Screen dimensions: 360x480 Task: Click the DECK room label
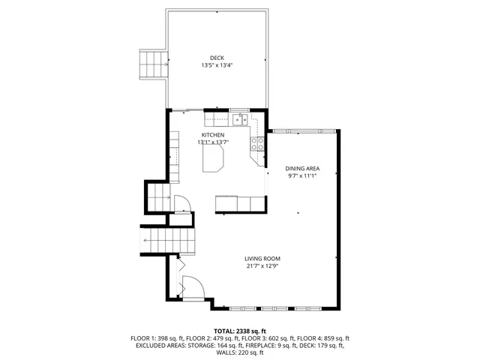[217, 58]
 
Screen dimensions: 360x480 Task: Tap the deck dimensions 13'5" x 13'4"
[217, 65]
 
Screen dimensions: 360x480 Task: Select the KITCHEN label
[213, 135]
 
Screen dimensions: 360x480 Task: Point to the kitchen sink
[241, 118]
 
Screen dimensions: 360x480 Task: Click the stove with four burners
[259, 143]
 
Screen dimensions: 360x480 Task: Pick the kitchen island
[214, 157]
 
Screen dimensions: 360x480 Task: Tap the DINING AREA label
[303, 169]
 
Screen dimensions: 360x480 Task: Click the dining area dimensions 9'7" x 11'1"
[303, 176]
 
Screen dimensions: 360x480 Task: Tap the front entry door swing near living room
[191, 287]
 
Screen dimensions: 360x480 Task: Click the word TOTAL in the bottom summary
[225, 331]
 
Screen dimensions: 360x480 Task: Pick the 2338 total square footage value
[250, 331]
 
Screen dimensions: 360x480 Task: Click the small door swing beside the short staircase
[181, 202]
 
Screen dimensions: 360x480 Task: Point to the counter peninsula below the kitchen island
[240, 203]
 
